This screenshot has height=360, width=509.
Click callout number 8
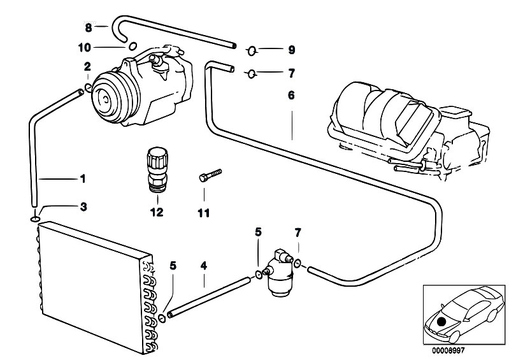pyautogui.click(x=89, y=27)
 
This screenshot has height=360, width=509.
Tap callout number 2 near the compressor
pyautogui.click(x=87, y=66)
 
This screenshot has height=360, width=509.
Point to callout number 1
pyautogui.click(x=82, y=179)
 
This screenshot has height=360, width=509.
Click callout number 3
pyautogui.click(x=83, y=207)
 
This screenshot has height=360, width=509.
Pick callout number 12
pyautogui.click(x=156, y=212)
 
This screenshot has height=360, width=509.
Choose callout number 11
pyautogui.click(x=203, y=212)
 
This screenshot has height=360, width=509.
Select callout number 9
pyautogui.click(x=292, y=49)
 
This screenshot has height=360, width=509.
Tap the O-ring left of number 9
pyautogui.click(x=251, y=49)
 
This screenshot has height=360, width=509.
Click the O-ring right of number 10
pyautogui.click(x=133, y=45)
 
